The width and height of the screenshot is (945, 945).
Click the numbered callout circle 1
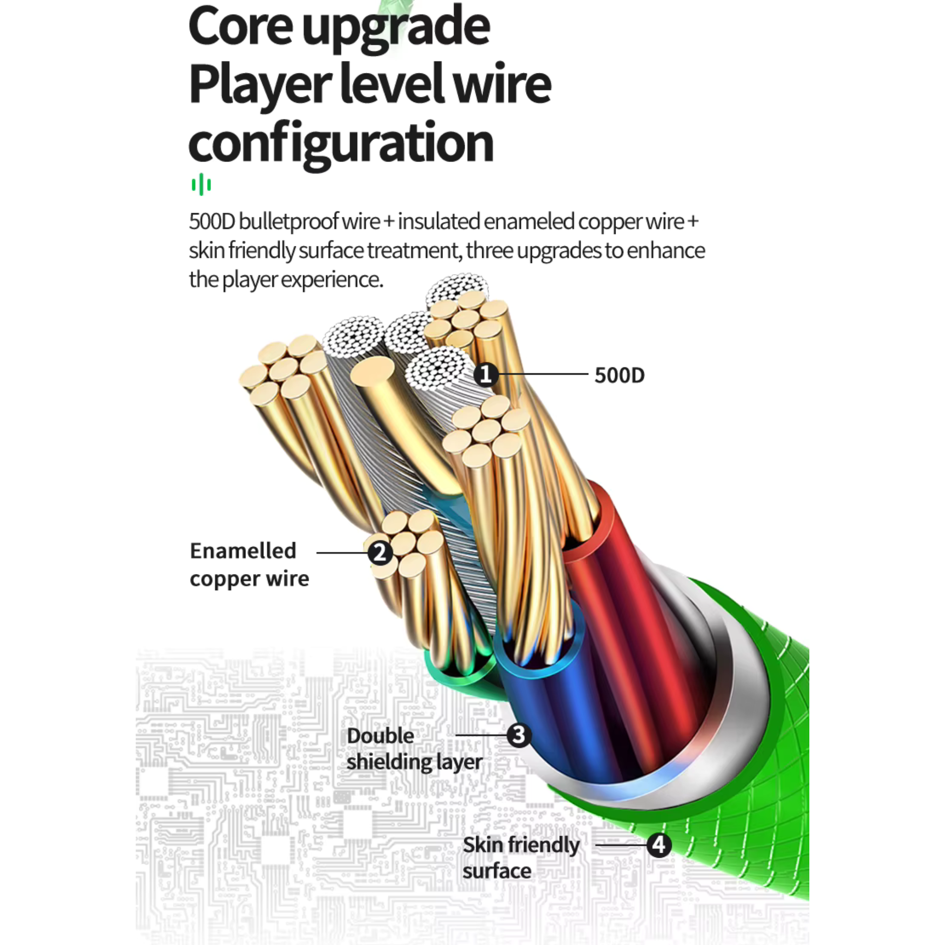(x=485, y=375)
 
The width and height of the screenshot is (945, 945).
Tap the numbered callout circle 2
(x=380, y=553)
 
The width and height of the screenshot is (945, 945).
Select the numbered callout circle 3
(x=519, y=735)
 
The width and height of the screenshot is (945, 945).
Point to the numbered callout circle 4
(x=658, y=845)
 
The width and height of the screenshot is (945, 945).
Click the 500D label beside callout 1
(x=619, y=376)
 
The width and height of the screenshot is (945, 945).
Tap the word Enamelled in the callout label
(x=243, y=551)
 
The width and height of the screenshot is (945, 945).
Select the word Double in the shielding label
(x=380, y=736)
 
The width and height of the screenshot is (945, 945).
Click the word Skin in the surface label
(x=483, y=845)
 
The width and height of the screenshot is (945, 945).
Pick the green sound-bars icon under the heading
(x=201, y=185)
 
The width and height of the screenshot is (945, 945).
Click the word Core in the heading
(x=240, y=26)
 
